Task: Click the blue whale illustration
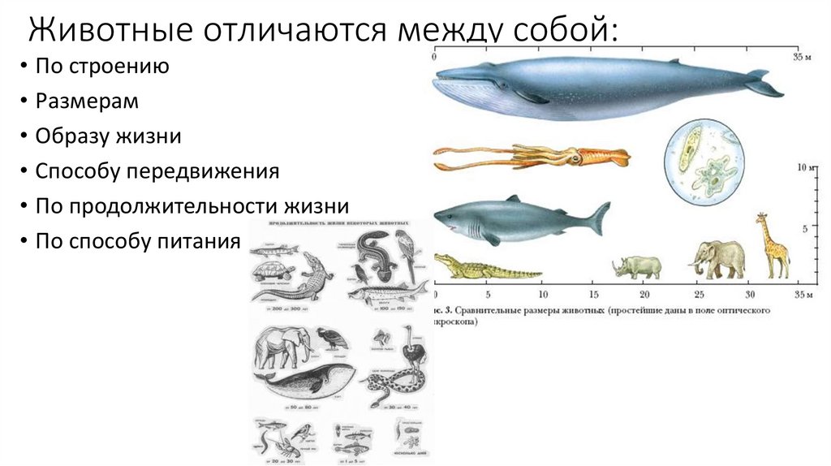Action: [x=601, y=89]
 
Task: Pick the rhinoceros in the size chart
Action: [x=637, y=266]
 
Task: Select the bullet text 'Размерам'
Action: [x=87, y=101]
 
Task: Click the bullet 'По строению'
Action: [x=101, y=67]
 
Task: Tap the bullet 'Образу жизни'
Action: [x=107, y=136]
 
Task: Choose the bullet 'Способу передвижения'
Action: [x=157, y=171]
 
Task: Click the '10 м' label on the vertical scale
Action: [x=804, y=169]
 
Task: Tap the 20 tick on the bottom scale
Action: [x=644, y=293]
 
